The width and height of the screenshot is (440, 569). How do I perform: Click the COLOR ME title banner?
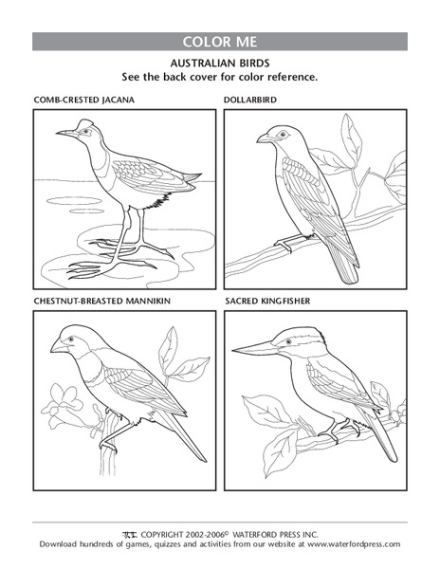pyautogui.click(x=219, y=42)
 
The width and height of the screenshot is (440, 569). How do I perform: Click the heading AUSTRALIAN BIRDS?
pyautogui.click(x=219, y=62)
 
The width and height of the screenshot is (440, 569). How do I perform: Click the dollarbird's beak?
pyautogui.click(x=262, y=139)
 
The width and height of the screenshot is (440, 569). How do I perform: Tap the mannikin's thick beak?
pyautogui.click(x=57, y=346)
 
